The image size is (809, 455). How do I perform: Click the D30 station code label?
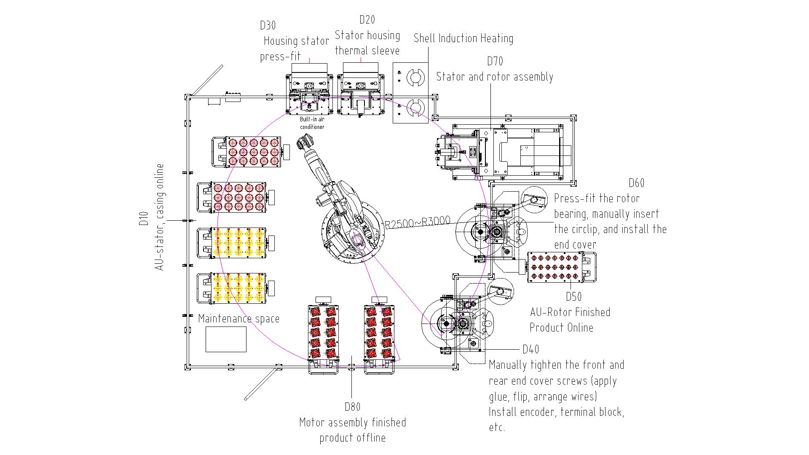pos(268,25)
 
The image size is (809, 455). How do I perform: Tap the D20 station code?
pos(367,20)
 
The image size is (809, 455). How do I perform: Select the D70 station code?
pos(495,61)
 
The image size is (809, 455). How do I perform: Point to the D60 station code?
pos(637,183)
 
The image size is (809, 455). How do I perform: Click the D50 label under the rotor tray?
pos(574,297)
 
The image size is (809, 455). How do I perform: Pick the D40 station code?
pos(531,349)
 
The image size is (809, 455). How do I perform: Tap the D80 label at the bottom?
pos(353,407)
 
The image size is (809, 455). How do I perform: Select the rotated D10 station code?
pos(144,219)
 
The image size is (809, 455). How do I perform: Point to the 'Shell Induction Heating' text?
pos(463,38)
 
